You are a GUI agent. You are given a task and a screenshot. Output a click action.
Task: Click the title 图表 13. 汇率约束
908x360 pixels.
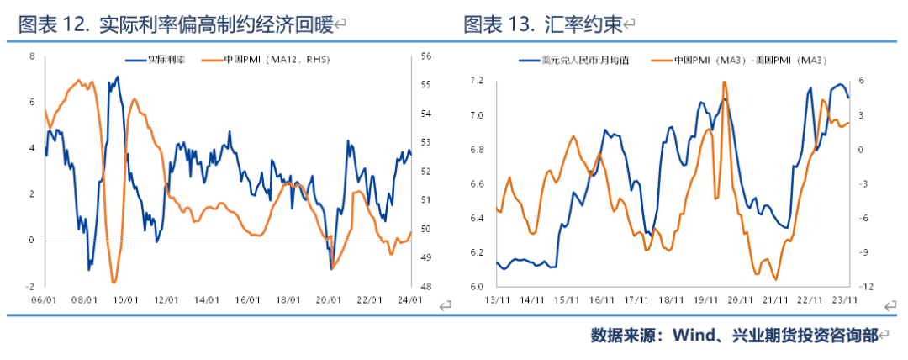(x=543, y=25)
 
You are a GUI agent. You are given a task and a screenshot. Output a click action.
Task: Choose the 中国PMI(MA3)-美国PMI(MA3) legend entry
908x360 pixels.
(x=752, y=61)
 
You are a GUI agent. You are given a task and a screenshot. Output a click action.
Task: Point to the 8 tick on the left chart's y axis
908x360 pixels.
(x=32, y=56)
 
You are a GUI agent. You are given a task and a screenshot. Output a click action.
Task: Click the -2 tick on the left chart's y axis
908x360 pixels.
(x=31, y=286)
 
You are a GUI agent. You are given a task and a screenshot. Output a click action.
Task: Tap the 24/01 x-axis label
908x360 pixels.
(x=411, y=299)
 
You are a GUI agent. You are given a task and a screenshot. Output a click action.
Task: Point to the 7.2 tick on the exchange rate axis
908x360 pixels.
(x=478, y=81)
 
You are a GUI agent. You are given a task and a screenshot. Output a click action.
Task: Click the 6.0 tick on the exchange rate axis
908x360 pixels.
(x=478, y=286)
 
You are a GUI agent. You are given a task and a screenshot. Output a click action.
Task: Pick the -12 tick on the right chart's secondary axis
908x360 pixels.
(x=866, y=286)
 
